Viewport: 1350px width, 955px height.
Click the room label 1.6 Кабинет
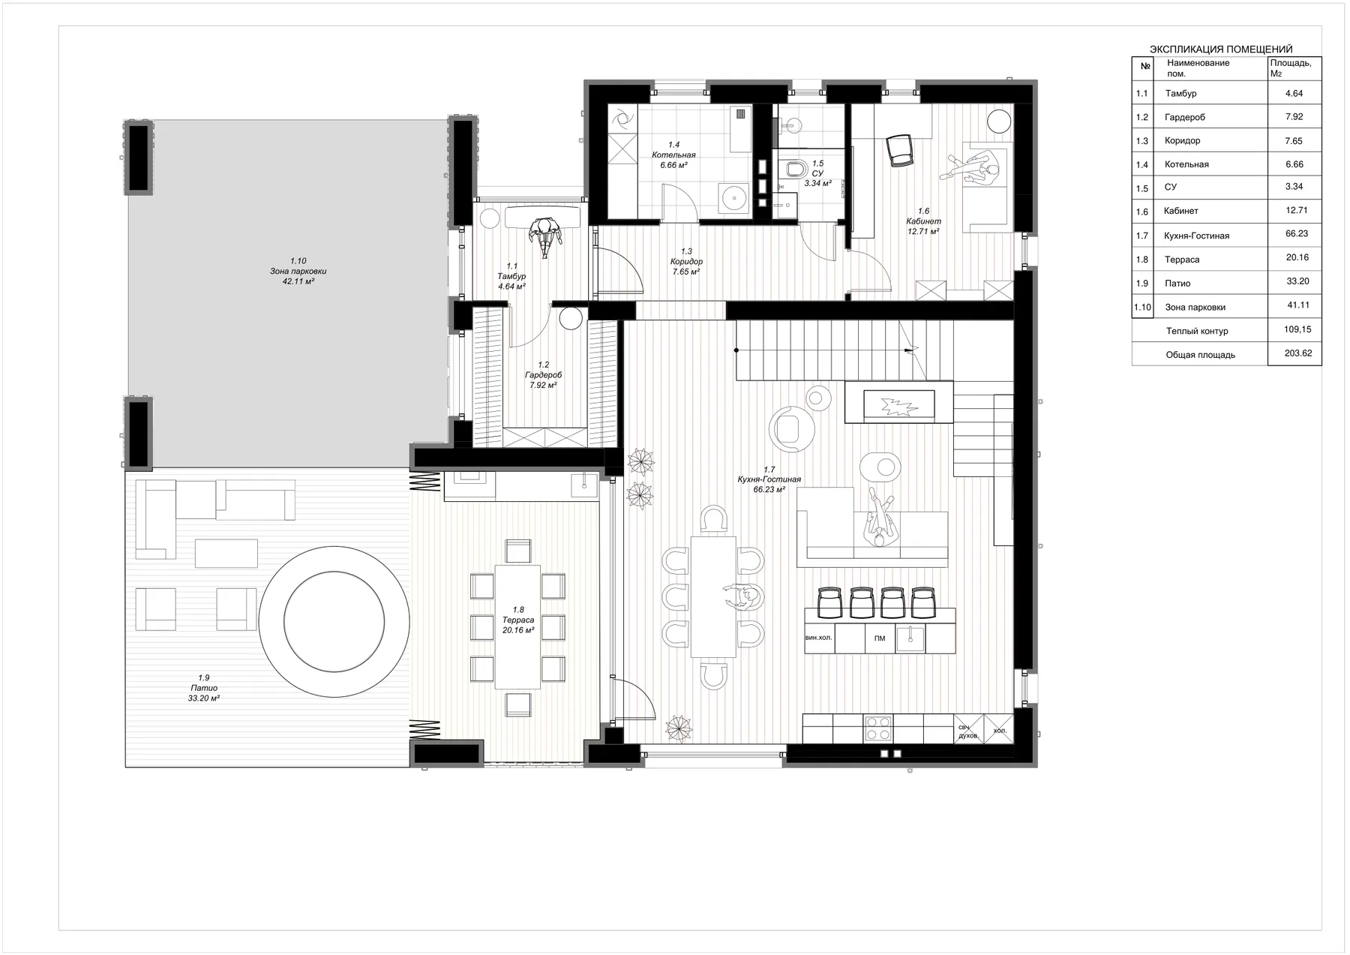[924, 221]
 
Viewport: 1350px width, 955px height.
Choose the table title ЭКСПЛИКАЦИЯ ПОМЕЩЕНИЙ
[1221, 50]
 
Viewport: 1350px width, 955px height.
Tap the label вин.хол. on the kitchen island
[820, 638]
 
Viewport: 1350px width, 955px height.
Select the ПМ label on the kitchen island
[880, 638]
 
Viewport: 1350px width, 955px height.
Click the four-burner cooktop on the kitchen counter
[878, 728]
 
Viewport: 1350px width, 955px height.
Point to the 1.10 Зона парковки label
[298, 271]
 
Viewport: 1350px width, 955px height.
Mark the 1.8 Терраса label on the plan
[518, 620]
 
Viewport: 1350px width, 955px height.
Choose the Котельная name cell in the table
[1186, 164]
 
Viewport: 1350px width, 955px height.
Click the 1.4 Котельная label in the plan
[673, 155]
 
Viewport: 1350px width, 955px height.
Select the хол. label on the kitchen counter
[999, 730]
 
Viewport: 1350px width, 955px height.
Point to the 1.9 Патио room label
[203, 688]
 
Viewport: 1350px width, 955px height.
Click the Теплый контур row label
[1197, 331]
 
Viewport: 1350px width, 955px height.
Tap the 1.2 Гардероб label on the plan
[543, 375]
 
